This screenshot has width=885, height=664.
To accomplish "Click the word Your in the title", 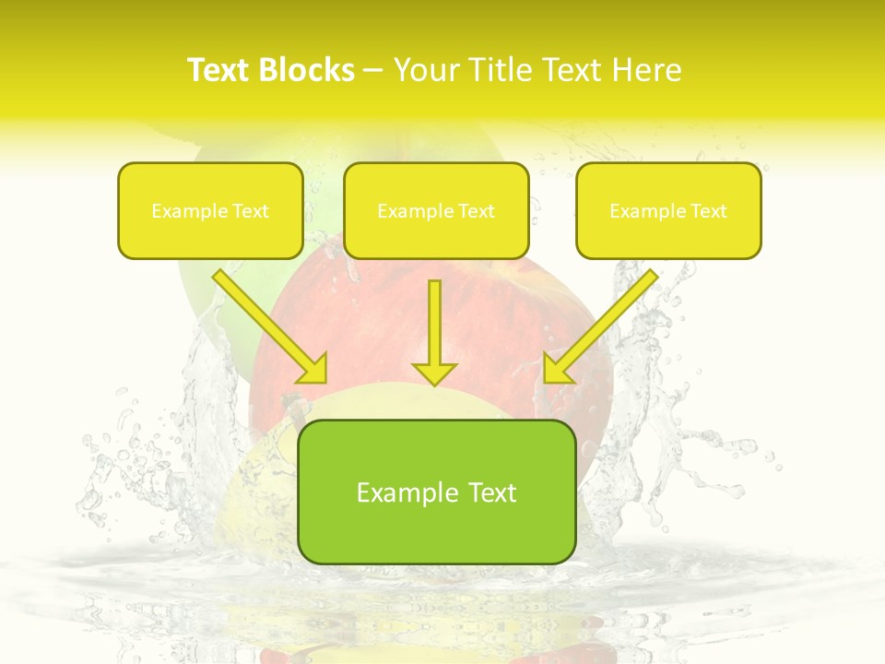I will [x=426, y=70].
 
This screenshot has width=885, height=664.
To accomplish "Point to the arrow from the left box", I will [x=267, y=324].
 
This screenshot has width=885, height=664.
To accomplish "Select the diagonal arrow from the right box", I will [x=603, y=324].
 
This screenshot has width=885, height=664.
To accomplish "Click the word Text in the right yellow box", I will [x=709, y=211].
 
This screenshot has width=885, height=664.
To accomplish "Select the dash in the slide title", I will [x=373, y=71].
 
